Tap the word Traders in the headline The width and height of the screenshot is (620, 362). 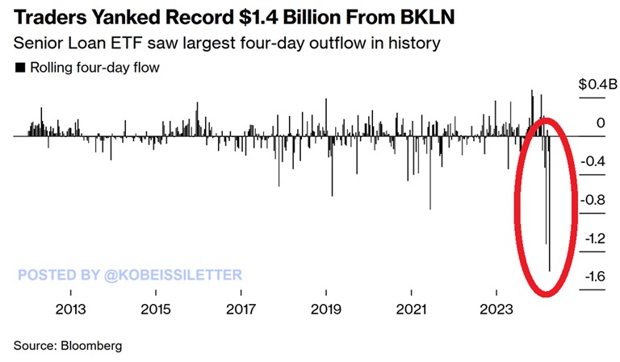point(50,15)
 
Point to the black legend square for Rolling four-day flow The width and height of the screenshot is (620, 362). point(19,69)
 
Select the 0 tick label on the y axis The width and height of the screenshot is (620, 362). point(600,123)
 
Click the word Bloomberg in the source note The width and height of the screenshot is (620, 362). point(90,345)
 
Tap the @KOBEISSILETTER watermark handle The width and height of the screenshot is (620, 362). point(173,275)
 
